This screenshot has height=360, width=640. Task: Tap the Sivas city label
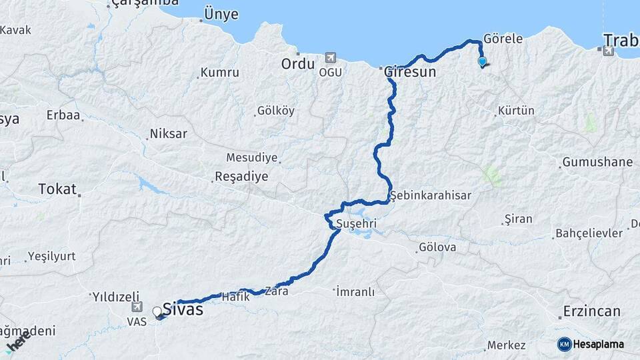(183, 309)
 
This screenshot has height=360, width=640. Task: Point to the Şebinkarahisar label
(431, 195)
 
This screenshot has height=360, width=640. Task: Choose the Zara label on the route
(276, 291)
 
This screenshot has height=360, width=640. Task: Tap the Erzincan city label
(591, 311)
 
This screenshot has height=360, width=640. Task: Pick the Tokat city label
(57, 189)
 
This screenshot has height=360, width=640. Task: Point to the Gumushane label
(597, 162)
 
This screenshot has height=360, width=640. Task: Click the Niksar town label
(169, 134)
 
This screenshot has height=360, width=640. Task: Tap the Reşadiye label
(241, 177)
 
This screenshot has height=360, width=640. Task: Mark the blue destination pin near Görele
(482, 62)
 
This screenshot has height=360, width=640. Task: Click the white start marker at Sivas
(157, 311)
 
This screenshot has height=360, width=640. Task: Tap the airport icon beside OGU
(329, 58)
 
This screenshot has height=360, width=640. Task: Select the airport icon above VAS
(137, 307)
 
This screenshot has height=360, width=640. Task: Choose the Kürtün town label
(517, 111)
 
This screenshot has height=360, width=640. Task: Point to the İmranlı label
(356, 292)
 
